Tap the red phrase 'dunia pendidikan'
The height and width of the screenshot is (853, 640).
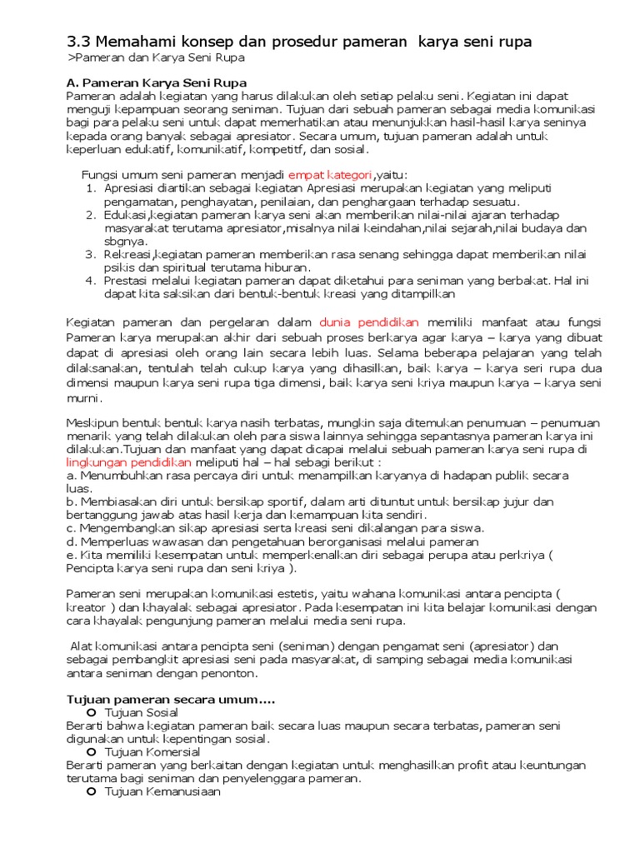[x=370, y=322]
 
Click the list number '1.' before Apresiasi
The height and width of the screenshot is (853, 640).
[x=92, y=188]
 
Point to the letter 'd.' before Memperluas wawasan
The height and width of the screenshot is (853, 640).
[x=72, y=541]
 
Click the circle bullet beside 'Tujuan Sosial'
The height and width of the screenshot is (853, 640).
[x=92, y=713]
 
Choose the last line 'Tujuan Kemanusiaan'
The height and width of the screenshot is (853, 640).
[x=162, y=792]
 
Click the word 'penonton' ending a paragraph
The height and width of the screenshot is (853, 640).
[x=232, y=673]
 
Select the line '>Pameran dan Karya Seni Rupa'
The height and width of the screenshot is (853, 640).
[x=156, y=58]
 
